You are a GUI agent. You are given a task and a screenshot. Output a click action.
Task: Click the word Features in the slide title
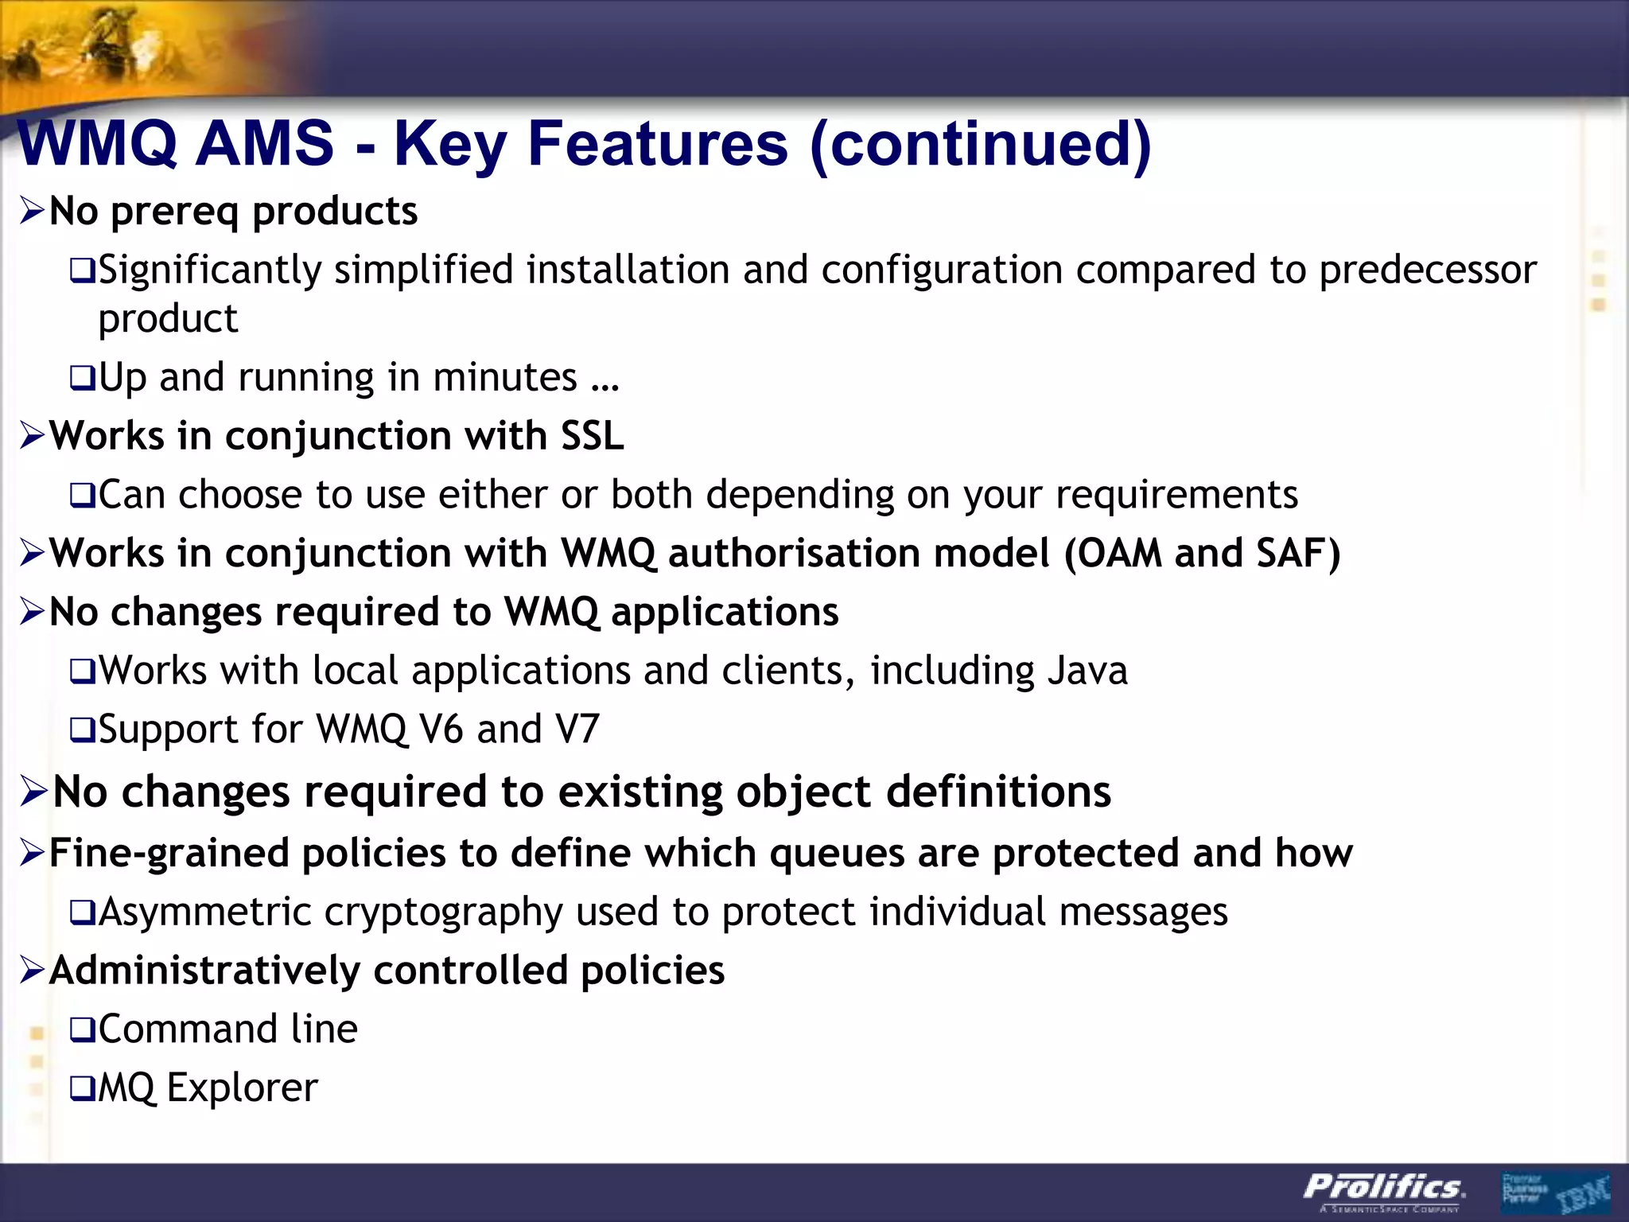657,144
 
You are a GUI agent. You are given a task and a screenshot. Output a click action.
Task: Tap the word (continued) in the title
980,144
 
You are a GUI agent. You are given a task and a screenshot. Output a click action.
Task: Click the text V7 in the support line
577,729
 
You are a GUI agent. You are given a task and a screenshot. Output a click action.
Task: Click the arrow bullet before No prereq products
33,212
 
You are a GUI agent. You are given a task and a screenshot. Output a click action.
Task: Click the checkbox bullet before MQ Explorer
82,1088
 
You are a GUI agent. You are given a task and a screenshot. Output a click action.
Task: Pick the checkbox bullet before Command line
82,1030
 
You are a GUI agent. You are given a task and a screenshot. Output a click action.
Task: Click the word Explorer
243,1088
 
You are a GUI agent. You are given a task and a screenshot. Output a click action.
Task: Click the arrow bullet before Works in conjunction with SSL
33,436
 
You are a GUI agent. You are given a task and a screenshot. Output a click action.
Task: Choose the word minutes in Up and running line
505,377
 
